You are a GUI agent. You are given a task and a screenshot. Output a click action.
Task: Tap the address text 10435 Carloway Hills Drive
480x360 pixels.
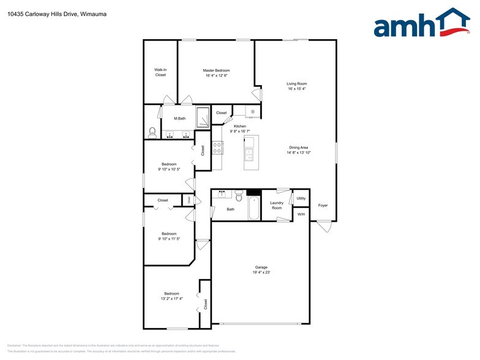42,13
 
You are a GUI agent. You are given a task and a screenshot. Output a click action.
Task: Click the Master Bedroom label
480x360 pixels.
216,70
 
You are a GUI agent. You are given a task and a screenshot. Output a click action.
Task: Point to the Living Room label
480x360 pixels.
297,83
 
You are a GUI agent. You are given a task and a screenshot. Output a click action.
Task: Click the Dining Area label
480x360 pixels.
300,147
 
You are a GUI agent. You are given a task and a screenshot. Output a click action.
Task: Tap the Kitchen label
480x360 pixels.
240,126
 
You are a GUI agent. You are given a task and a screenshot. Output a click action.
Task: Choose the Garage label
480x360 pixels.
262,267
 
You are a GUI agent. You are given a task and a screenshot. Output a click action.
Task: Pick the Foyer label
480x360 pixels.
323,205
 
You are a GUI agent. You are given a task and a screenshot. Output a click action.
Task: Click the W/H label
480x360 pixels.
301,214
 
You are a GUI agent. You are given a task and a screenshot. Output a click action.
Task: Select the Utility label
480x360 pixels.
301,198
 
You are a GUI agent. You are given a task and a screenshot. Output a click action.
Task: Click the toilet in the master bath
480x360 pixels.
152,132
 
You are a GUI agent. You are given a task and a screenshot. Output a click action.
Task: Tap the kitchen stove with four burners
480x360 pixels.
217,147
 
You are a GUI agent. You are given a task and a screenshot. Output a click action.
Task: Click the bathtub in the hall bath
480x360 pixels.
253,208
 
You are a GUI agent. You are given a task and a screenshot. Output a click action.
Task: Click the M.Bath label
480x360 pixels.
180,118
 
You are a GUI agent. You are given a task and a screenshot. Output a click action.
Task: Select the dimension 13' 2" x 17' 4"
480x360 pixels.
171,299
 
